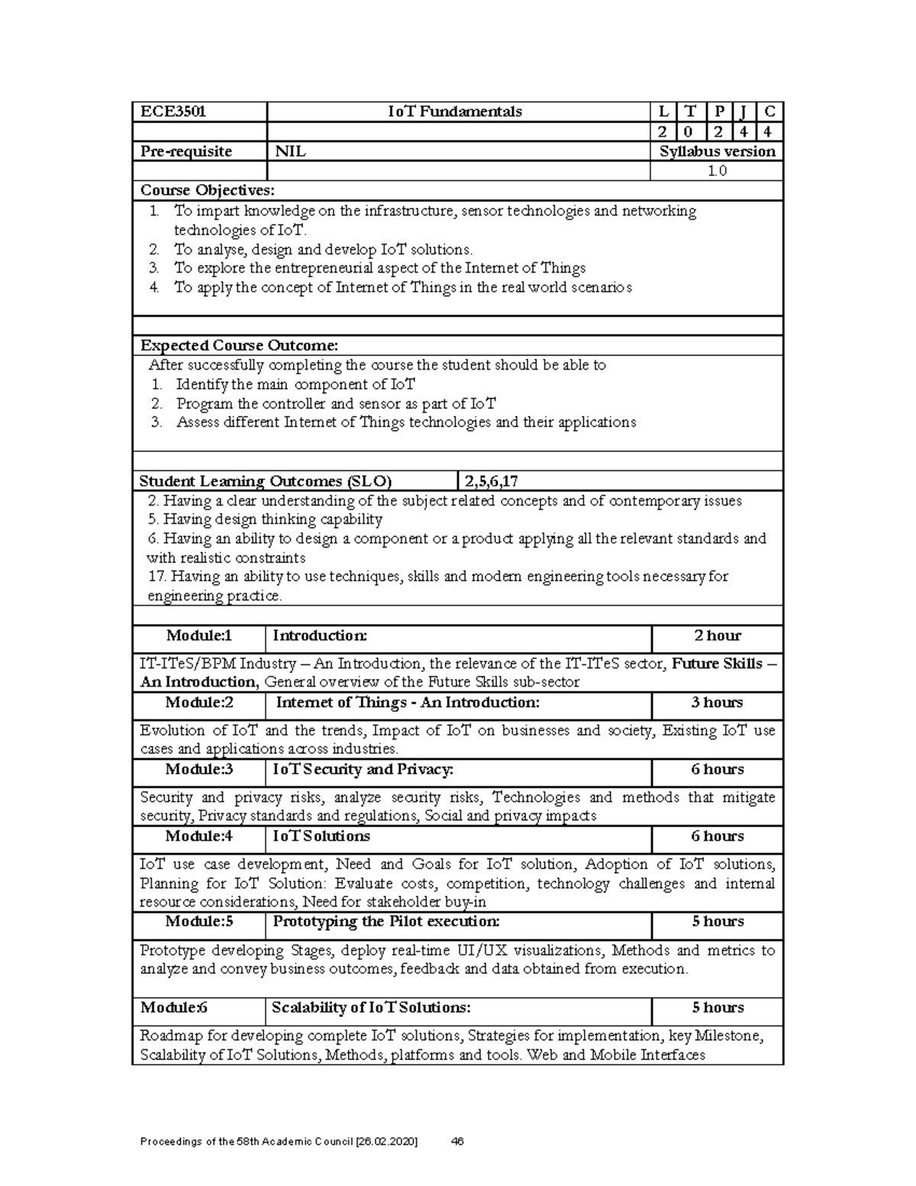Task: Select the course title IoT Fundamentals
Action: (x=455, y=111)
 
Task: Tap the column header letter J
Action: (x=743, y=111)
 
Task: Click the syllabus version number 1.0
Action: (x=717, y=171)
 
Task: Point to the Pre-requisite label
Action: (x=185, y=151)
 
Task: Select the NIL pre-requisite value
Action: (x=290, y=151)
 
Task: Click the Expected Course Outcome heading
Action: (x=238, y=346)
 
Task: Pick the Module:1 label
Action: (x=199, y=635)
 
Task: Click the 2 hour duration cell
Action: (x=717, y=635)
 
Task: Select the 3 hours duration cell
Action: (x=717, y=703)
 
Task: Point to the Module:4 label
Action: (x=199, y=836)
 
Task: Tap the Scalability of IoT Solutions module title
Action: (x=372, y=1007)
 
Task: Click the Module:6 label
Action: (x=174, y=1007)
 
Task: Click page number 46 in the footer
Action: (x=458, y=1142)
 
